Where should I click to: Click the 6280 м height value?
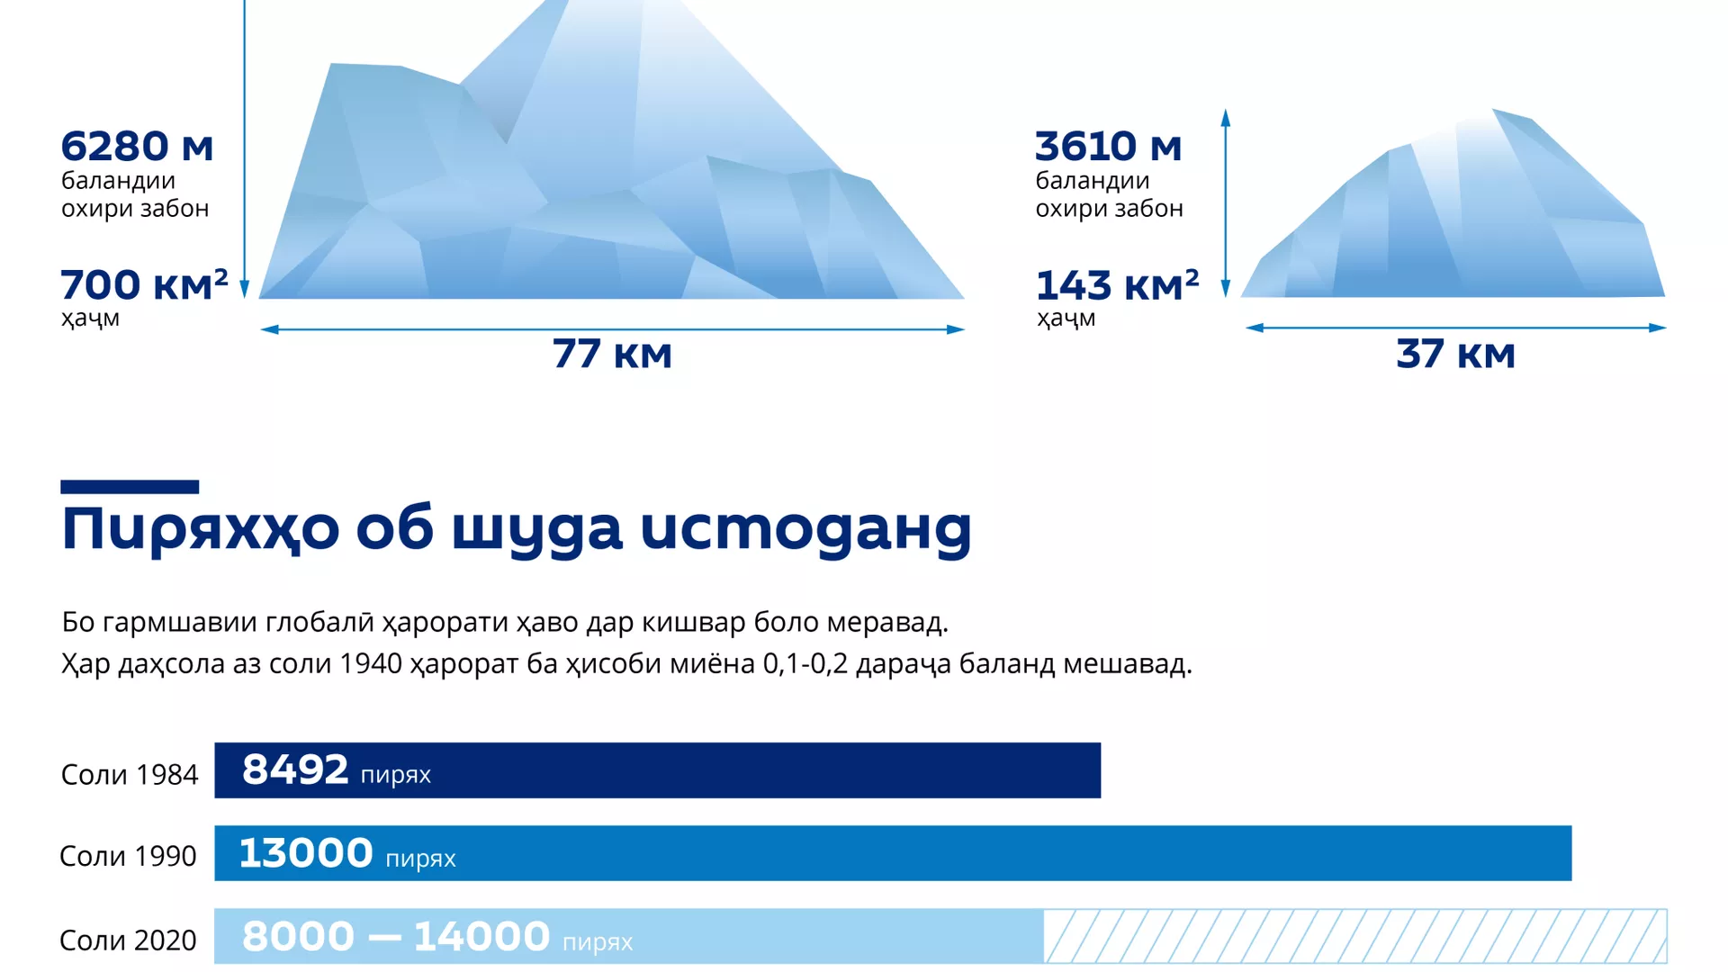coord(137,146)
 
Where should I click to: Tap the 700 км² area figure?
coord(144,284)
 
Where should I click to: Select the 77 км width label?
coord(612,354)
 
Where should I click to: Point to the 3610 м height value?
coord(1108,146)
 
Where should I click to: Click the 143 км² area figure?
coord(1117,284)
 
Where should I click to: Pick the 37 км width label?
coord(1455,354)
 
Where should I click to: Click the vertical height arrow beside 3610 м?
coord(1225,203)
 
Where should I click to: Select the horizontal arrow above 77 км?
coord(612,329)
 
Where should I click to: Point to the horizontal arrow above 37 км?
coord(1455,328)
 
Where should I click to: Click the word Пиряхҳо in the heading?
coord(200,529)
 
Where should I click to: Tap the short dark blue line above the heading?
coord(130,487)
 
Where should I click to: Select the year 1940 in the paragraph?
coord(371,664)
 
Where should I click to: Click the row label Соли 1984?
coord(129,774)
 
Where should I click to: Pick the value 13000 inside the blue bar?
coord(306,852)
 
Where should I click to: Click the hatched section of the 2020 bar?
coord(1355,936)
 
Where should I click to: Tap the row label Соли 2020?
coord(128,940)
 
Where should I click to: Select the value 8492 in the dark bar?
coord(295,769)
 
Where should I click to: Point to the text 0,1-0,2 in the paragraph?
coord(805,664)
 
